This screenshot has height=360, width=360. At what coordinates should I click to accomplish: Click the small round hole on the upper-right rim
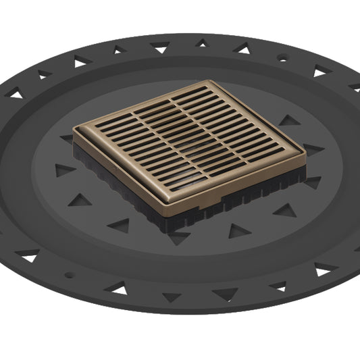(x=282, y=59)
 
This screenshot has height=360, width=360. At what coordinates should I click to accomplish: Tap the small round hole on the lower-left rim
(x=68, y=274)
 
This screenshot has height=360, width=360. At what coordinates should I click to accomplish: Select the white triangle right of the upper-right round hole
(x=320, y=70)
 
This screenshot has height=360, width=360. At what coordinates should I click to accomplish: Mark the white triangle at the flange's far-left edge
(x=13, y=95)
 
